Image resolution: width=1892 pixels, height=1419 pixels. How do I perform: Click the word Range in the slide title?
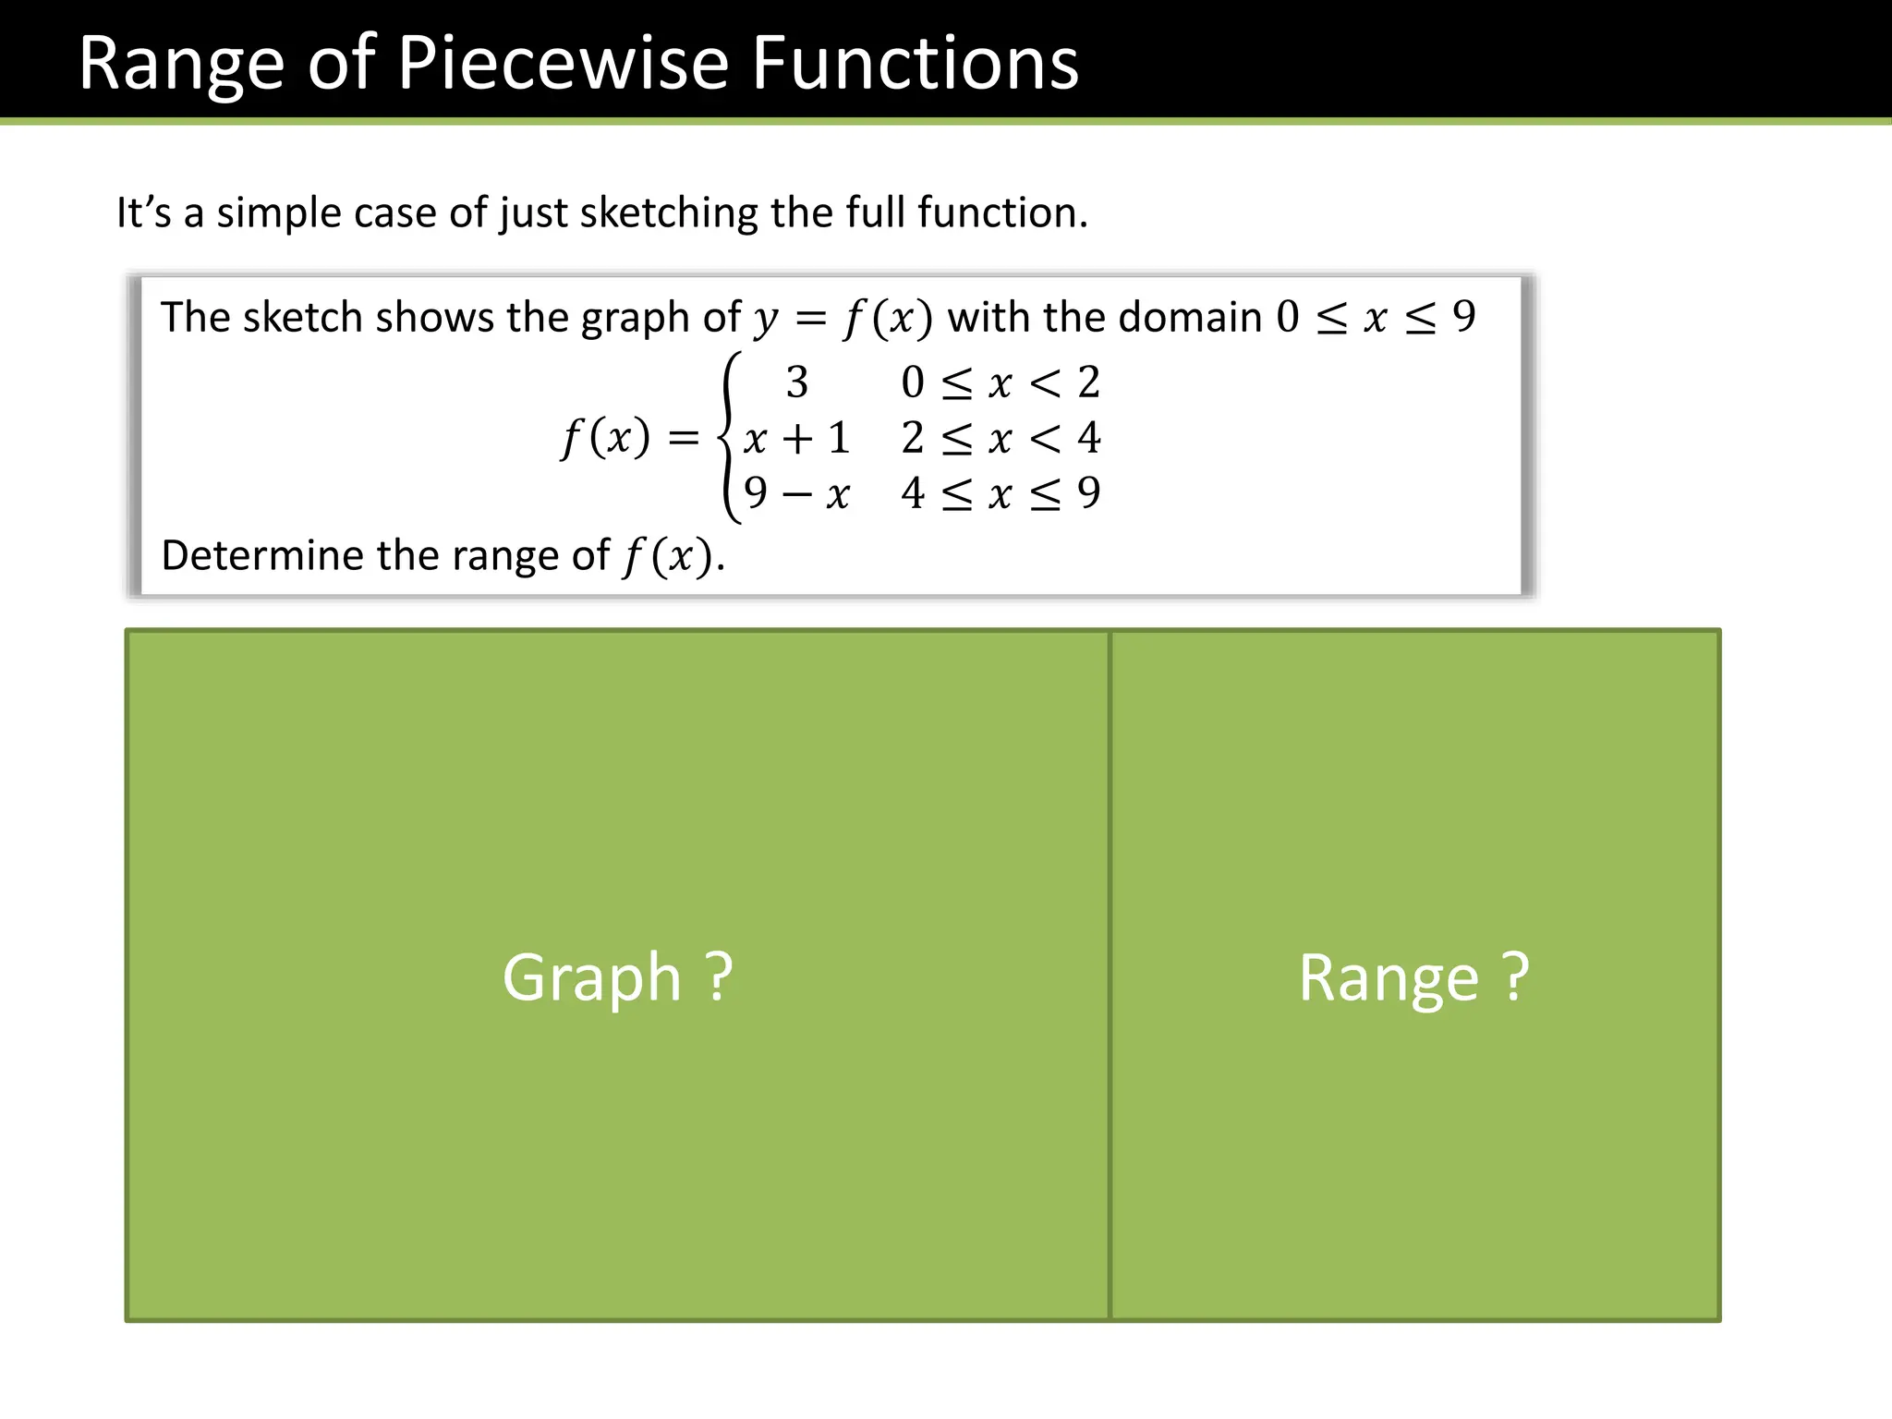[181, 65]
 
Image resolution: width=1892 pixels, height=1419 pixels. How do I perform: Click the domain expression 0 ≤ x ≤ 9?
[1376, 318]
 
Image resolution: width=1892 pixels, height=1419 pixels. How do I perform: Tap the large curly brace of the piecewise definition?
[730, 437]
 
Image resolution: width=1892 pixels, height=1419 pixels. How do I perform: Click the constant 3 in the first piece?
[796, 382]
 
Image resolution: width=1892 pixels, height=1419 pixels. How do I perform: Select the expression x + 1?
[795, 438]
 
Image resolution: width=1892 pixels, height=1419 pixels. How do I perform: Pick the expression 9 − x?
[795, 493]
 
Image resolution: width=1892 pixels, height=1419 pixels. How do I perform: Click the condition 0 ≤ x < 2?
[1001, 382]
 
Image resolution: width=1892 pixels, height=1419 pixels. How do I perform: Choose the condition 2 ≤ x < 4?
[1001, 438]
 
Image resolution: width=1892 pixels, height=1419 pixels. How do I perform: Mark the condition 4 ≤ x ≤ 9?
[1001, 493]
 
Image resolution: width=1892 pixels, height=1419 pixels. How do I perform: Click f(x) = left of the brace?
[629, 438]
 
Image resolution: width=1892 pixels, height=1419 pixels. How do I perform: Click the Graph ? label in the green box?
[617, 977]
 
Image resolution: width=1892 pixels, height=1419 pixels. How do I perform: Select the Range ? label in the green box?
[1413, 977]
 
